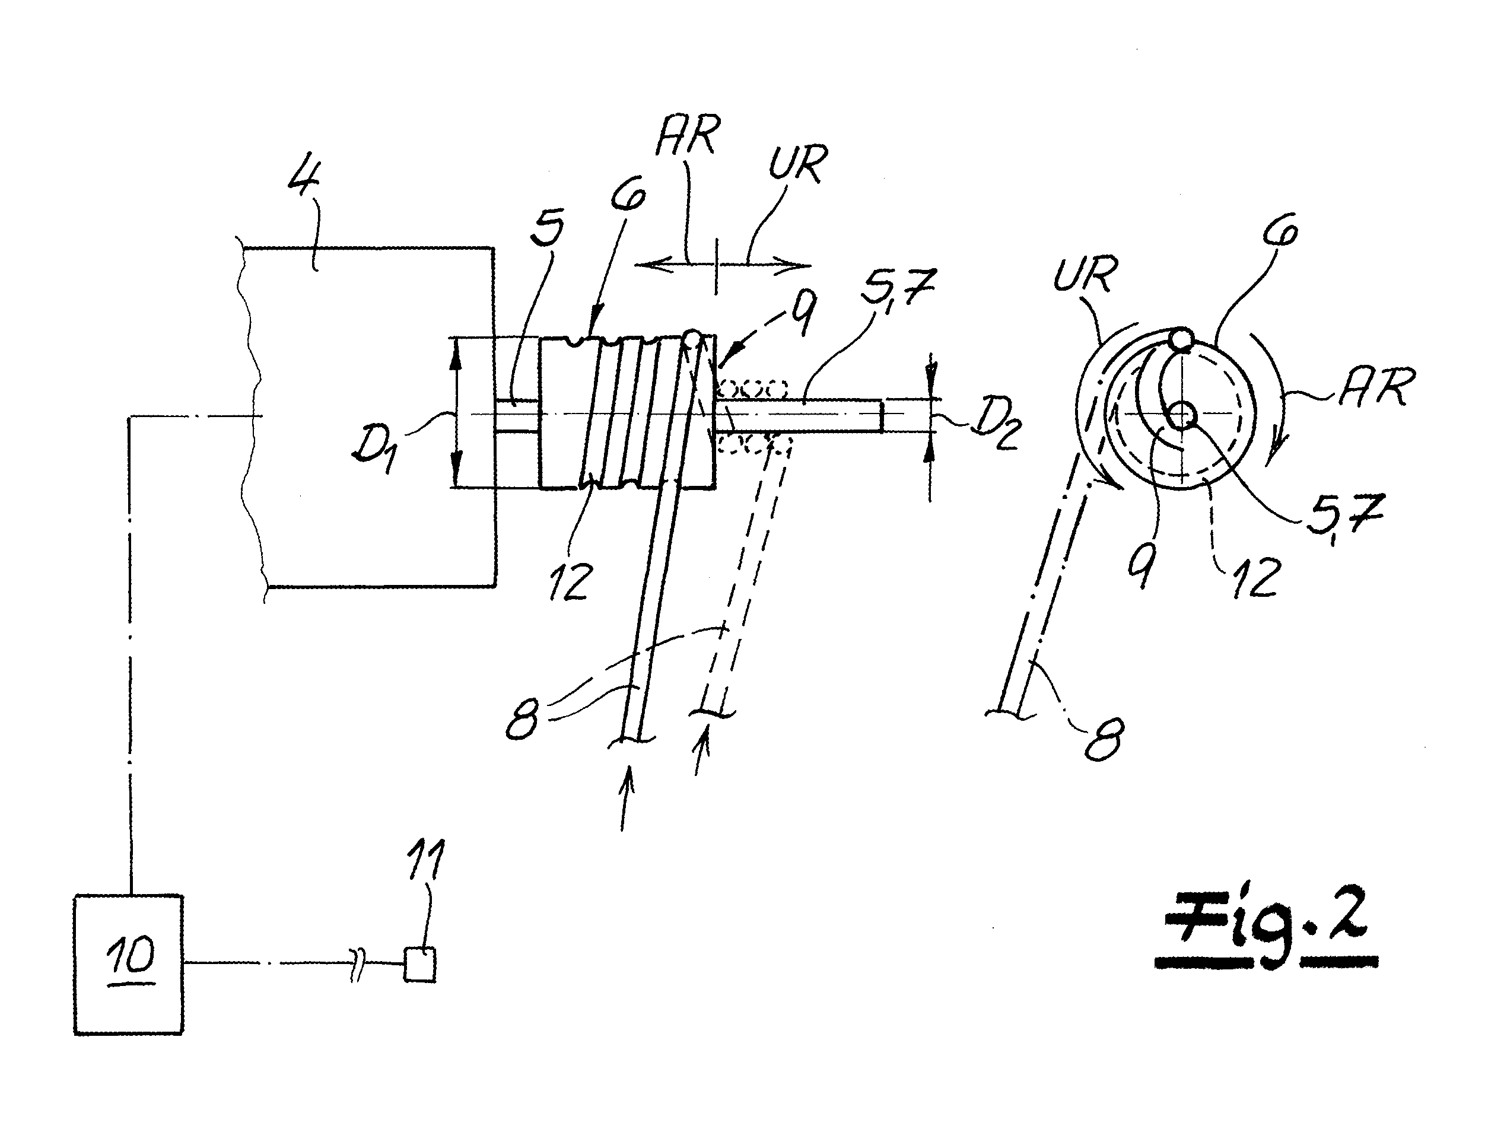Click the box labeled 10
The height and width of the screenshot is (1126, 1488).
coord(128,963)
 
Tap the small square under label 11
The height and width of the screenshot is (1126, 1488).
coord(419,964)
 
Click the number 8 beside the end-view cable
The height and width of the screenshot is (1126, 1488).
coord(1105,738)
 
